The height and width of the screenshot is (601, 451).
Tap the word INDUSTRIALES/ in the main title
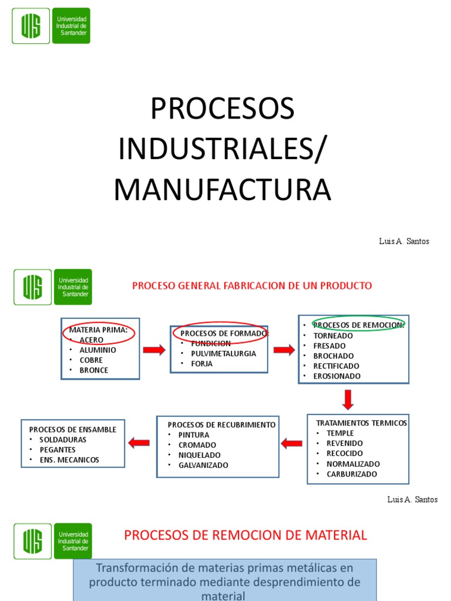click(x=221, y=149)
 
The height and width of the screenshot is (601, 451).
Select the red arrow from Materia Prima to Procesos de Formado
click(x=154, y=350)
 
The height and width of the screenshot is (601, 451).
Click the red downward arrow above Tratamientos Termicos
click(x=348, y=399)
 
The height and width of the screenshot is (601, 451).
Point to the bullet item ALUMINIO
click(x=97, y=350)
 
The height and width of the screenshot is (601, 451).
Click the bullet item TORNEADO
click(x=333, y=336)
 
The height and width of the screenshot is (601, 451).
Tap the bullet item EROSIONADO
click(x=337, y=376)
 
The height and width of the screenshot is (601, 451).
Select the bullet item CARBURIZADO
click(x=352, y=474)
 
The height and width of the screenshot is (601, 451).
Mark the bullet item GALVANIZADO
click(x=203, y=465)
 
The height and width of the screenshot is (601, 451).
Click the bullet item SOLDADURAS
click(x=63, y=439)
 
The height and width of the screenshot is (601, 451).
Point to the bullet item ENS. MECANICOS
click(x=69, y=460)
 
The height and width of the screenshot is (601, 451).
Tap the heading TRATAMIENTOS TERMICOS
click(x=361, y=423)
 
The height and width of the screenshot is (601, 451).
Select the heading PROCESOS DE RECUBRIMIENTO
click(x=221, y=424)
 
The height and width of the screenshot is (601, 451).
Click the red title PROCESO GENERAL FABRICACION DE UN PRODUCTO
click(x=252, y=286)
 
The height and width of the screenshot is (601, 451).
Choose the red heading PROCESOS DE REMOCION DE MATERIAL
click(x=245, y=535)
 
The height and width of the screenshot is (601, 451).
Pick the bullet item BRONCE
click(x=94, y=370)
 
